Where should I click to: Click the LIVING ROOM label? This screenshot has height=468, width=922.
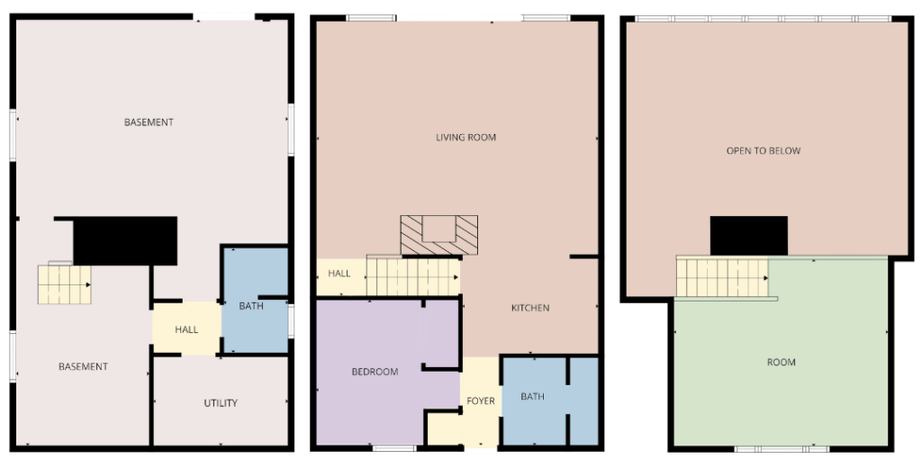pos(466,138)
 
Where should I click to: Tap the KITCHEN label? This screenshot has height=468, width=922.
pos(530,308)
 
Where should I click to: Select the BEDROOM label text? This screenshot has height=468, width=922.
pos(375,372)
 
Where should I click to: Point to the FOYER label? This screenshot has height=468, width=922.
pos(481,401)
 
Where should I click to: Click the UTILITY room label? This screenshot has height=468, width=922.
pos(221,403)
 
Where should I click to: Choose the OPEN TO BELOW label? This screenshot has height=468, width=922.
pos(764,151)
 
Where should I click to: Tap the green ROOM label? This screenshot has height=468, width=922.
pos(782,362)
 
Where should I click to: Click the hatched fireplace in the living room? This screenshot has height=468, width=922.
pos(438,235)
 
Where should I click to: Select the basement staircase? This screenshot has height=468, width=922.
pos(64,284)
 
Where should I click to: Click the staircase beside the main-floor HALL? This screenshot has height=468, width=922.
pos(413,275)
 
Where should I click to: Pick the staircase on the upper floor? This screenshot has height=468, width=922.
pos(722,277)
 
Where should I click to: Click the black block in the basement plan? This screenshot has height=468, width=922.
pos(124,240)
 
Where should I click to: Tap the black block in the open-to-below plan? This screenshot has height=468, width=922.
pos(748,236)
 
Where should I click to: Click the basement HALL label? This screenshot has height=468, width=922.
pos(186,329)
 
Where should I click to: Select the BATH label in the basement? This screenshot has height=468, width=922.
pos(251,306)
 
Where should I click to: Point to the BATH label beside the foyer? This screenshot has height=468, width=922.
pos(532,397)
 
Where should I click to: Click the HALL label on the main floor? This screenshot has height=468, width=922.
pos(339,274)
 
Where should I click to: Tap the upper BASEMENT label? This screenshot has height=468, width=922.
pos(149,122)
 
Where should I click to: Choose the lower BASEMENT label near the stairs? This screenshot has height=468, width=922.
pos(83,367)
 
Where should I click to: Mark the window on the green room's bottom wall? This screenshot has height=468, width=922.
pos(782,449)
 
